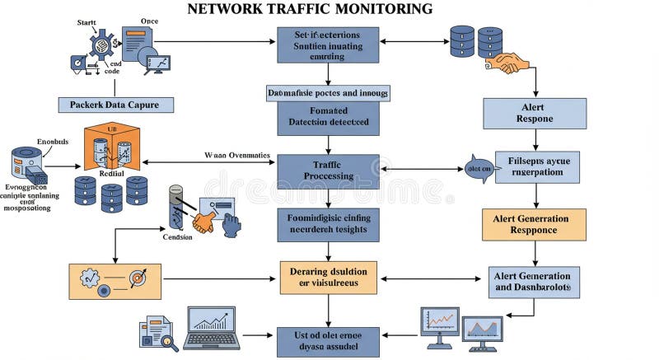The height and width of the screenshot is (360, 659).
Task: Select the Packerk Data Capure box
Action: coord(115,105)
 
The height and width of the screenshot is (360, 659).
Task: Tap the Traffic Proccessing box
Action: coord(328,171)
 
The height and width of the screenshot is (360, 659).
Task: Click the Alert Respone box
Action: coord(534,113)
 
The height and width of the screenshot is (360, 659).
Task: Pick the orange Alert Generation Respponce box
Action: coord(534,224)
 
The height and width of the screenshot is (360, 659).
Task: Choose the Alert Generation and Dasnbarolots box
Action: coord(534,282)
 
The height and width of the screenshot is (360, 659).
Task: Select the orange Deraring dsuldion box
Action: coord(328,277)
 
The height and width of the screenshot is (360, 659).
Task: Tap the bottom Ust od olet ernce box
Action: coord(328,341)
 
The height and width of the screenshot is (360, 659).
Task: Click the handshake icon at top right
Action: coord(507,63)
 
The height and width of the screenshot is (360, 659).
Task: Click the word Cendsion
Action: coord(177,237)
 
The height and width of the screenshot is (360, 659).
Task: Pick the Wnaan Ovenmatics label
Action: coord(236,155)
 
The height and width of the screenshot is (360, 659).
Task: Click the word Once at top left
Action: coord(149,21)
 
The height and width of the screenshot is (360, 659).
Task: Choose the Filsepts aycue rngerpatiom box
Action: coord(537,166)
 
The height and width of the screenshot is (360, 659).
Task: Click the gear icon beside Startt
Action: coord(102,44)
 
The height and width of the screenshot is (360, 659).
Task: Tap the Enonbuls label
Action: coord(54,141)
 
